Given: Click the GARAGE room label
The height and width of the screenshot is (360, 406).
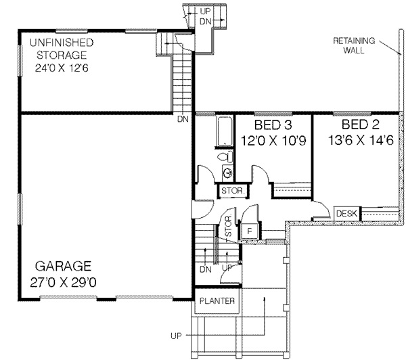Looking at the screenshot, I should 64,266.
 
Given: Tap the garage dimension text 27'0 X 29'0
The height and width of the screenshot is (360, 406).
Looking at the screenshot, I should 64,281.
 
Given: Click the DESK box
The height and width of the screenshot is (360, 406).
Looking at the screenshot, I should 346,214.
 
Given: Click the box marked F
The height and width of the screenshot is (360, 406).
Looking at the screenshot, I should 249,231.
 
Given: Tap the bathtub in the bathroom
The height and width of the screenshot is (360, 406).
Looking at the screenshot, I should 223,131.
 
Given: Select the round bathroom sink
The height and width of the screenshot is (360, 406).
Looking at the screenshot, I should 225,172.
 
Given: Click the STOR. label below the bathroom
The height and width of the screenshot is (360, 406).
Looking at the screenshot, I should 231,192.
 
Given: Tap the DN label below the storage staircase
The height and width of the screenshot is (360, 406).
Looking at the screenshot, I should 183,120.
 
